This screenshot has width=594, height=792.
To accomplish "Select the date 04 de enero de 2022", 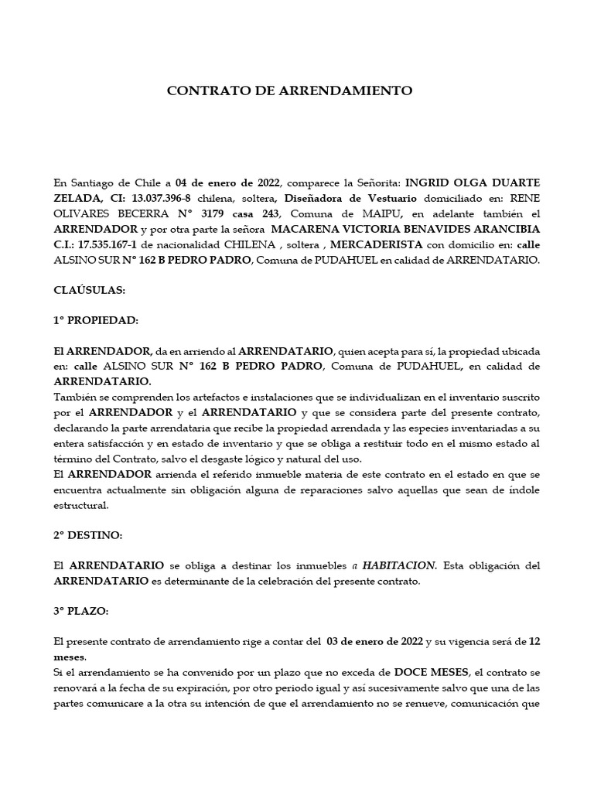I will [229, 183].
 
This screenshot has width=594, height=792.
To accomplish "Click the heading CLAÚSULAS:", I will [89, 290].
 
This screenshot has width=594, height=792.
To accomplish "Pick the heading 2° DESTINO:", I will [87, 535].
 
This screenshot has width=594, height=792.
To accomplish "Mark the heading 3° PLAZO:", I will [81, 611].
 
